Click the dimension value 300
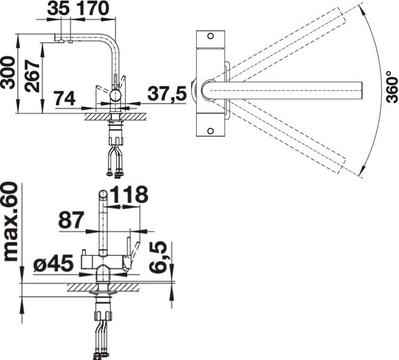(x=8, y=73)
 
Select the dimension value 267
(x=32, y=76)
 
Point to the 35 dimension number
(x=58, y=8)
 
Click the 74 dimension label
(x=65, y=98)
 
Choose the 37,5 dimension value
(x=168, y=94)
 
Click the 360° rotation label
(x=392, y=87)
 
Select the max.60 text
(x=10, y=221)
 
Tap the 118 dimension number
(x=129, y=195)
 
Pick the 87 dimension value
(x=71, y=220)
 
